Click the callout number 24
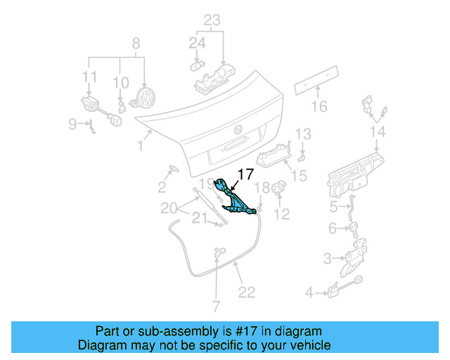pos(197,44)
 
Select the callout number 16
pos(319,107)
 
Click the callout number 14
pos(378,132)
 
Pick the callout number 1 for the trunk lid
pos(140,146)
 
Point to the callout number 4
pos(309,292)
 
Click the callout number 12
pos(281,214)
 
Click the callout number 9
pos(72,124)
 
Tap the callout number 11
pos(89,76)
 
